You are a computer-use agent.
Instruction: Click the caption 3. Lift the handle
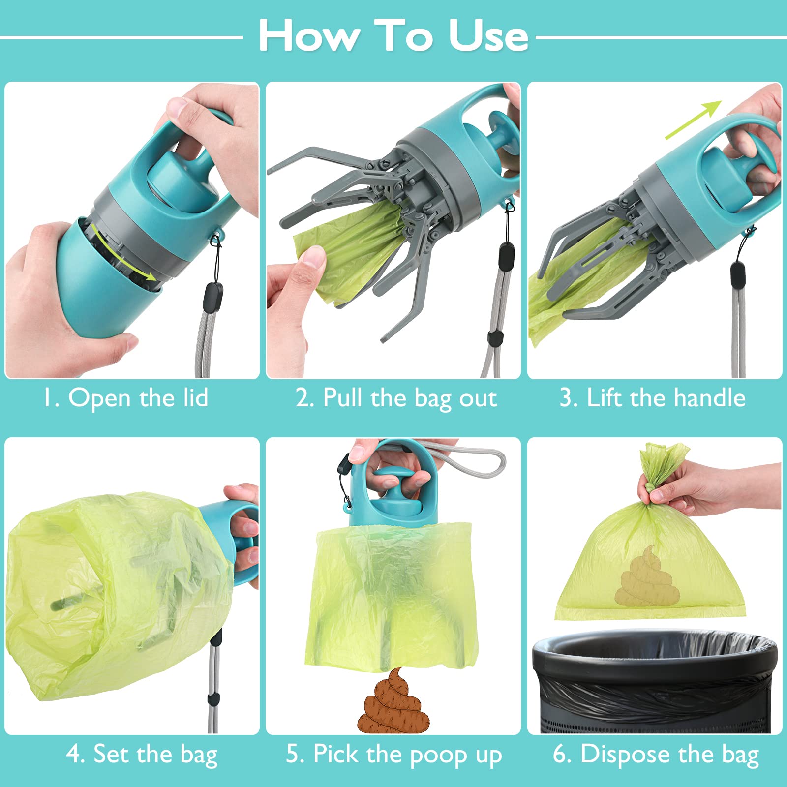click(653, 397)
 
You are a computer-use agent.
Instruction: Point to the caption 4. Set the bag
click(142, 754)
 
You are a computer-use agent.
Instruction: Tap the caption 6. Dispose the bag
click(656, 754)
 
